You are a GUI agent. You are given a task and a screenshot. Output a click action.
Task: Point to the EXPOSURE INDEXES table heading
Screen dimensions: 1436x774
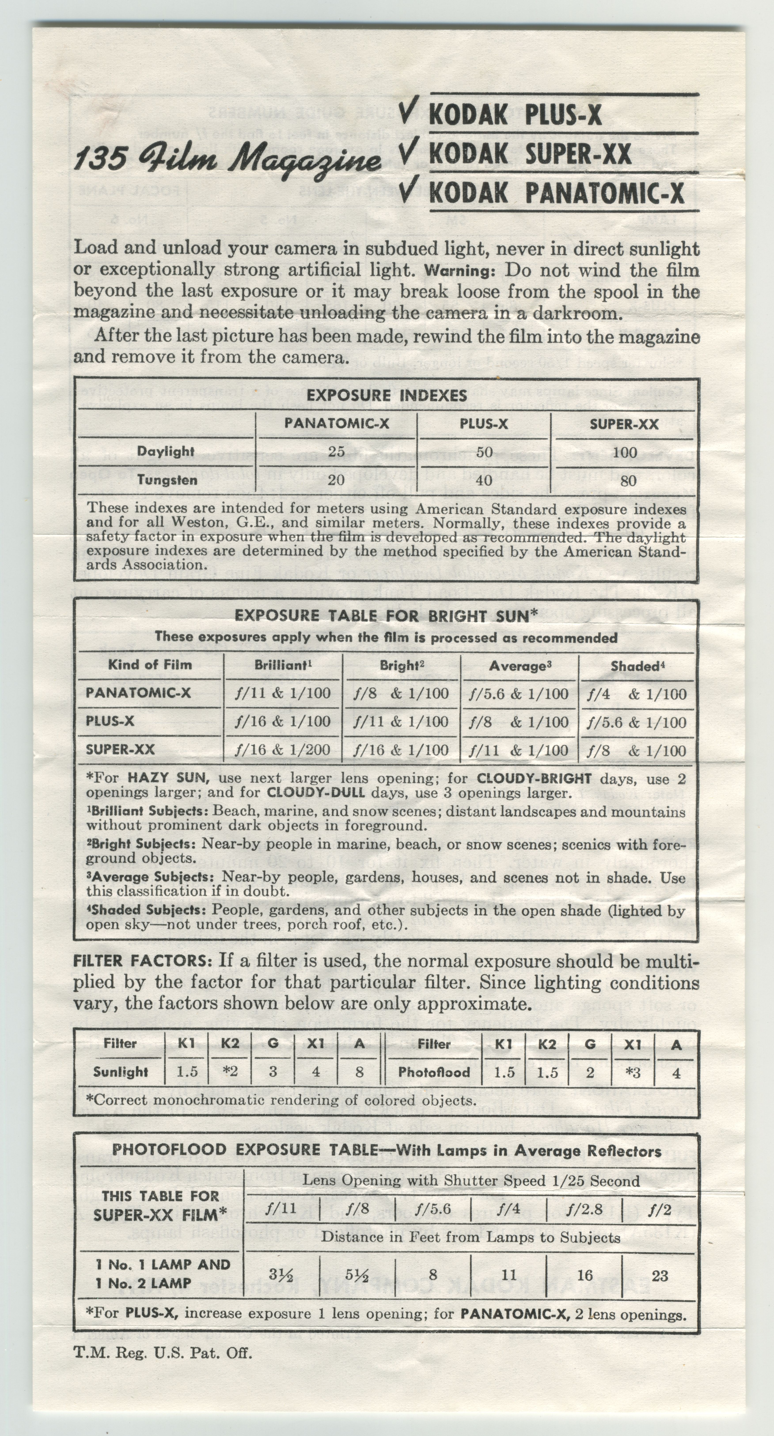387,395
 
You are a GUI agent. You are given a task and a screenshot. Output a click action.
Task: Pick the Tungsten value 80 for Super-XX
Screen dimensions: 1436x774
628,481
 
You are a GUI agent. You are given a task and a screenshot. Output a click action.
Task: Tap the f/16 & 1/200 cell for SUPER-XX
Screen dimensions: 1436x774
283,750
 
